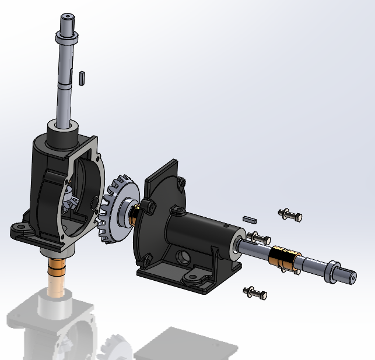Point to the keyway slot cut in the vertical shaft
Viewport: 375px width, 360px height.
pos(72,76)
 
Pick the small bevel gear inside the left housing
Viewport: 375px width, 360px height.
pos(71,201)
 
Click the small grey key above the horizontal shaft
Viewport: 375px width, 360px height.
pos(250,220)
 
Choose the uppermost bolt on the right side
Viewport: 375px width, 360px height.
pos(290,215)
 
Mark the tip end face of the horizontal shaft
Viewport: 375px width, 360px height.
pos(352,277)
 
